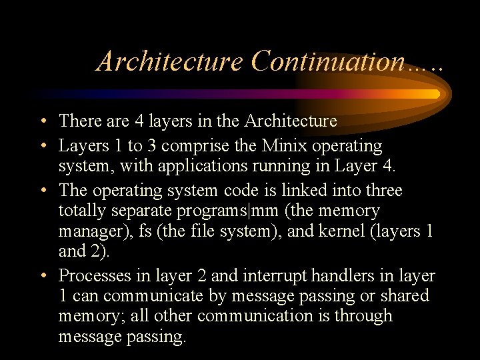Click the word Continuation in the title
[x=327, y=61]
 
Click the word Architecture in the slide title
[x=170, y=61]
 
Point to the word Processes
[x=91, y=275]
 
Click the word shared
[x=404, y=295]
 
